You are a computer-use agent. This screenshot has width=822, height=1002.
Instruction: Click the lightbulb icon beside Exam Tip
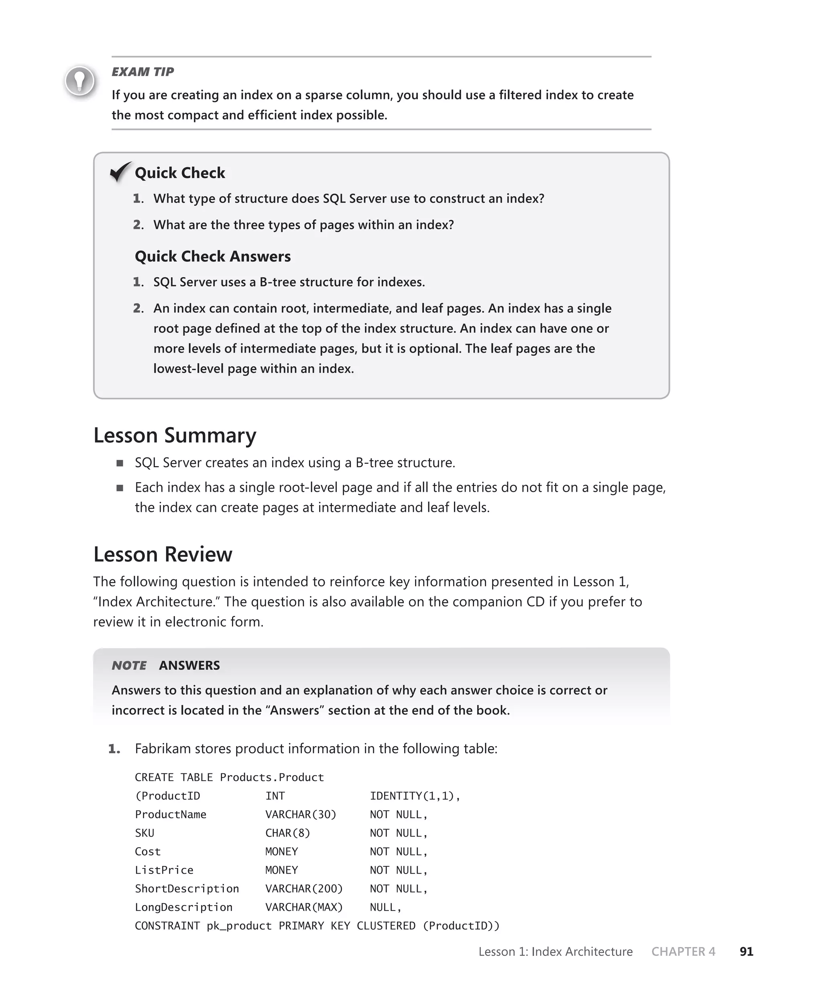(x=79, y=81)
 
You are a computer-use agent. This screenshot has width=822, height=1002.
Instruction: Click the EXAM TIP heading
(x=142, y=71)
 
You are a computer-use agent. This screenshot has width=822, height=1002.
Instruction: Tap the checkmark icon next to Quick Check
(x=120, y=172)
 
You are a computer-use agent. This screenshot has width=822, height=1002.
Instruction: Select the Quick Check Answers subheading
(x=213, y=256)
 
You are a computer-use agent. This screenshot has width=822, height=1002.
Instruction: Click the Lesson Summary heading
(x=174, y=435)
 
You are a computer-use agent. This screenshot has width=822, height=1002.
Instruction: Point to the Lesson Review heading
(x=163, y=554)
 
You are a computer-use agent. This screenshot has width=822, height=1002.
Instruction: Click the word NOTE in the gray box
(x=129, y=665)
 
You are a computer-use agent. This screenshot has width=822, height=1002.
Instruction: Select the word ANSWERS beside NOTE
(x=189, y=665)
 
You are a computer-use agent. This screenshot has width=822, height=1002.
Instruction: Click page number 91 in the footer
(x=746, y=951)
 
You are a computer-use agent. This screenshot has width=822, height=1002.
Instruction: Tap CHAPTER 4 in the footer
(x=683, y=951)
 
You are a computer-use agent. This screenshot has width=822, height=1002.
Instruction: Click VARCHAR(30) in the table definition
(x=301, y=814)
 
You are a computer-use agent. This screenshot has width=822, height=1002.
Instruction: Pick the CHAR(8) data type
(x=287, y=833)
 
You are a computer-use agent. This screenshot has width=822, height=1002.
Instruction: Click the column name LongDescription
(x=184, y=907)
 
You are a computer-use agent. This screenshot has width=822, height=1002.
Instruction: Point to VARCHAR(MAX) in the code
(x=303, y=907)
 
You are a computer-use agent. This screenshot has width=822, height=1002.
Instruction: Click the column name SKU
(x=144, y=833)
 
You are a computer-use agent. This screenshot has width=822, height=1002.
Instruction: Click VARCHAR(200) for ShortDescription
(x=303, y=888)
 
